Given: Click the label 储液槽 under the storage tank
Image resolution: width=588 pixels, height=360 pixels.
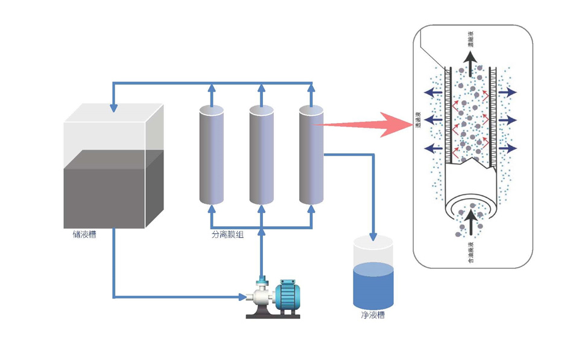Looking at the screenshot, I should [x=84, y=235].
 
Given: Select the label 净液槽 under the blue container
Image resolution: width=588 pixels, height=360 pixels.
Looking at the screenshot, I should [x=373, y=315].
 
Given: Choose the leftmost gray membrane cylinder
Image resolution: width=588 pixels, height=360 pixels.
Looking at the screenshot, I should [x=212, y=155].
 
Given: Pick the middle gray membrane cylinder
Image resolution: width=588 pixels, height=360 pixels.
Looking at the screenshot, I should [x=262, y=155].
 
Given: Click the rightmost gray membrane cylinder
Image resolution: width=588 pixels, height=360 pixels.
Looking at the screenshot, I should [x=311, y=155].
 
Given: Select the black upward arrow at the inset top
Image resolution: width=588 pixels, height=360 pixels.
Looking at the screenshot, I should [x=471, y=61].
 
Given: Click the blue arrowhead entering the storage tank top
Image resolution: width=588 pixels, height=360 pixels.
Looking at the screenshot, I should [x=113, y=108].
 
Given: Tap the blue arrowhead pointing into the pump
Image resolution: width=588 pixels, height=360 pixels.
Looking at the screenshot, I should [x=239, y=297].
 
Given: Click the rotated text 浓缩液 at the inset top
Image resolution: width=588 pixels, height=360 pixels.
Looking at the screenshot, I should [x=471, y=39].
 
